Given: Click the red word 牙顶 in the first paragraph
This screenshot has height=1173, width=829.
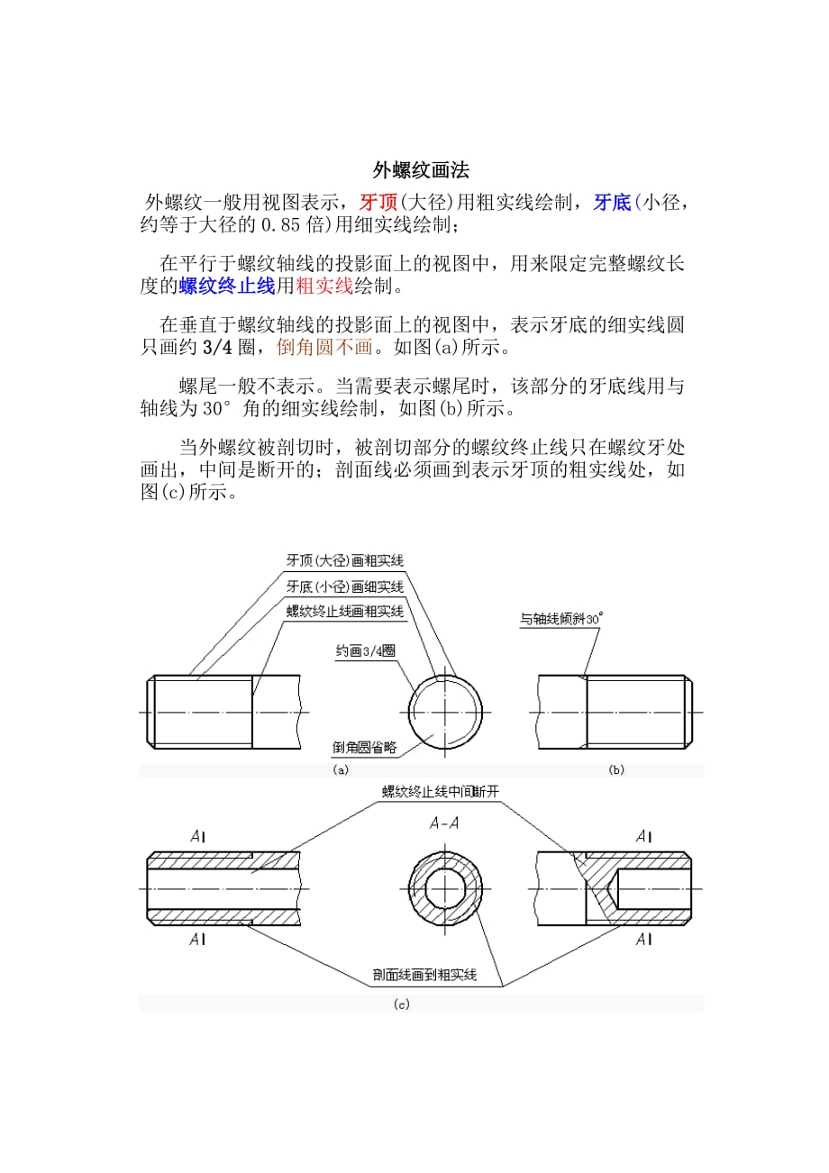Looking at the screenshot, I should [378, 202].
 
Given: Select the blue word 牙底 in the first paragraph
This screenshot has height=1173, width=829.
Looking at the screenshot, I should [612, 202].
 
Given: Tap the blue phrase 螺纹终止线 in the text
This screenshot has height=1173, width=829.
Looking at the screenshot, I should [227, 286].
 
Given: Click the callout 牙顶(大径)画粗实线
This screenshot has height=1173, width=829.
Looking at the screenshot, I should [344, 560].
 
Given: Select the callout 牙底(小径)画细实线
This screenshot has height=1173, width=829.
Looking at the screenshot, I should [344, 586].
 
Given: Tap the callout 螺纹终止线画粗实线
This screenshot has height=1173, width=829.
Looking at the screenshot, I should [344, 612].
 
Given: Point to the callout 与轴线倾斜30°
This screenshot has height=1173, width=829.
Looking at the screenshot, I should [560, 620].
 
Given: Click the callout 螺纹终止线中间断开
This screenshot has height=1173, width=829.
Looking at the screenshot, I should [441, 792].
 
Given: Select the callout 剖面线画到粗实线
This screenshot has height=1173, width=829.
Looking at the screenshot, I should [424, 975].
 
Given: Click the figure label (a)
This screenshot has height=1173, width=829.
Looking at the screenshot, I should [341, 770].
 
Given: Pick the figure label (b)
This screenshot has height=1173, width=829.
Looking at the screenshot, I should [616, 770].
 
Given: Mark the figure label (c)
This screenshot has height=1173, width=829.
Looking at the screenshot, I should [402, 1004].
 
